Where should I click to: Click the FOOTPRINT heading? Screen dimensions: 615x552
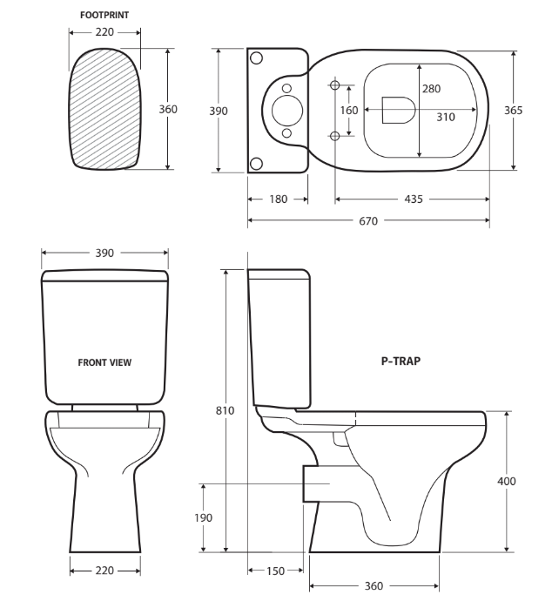(104, 15)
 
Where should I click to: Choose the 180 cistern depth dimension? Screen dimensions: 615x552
(278, 199)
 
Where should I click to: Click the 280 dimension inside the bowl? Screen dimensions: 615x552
(431, 89)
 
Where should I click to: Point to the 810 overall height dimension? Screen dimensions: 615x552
(226, 410)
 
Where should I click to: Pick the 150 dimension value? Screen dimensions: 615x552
(276, 571)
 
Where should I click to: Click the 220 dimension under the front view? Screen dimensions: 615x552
(104, 571)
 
